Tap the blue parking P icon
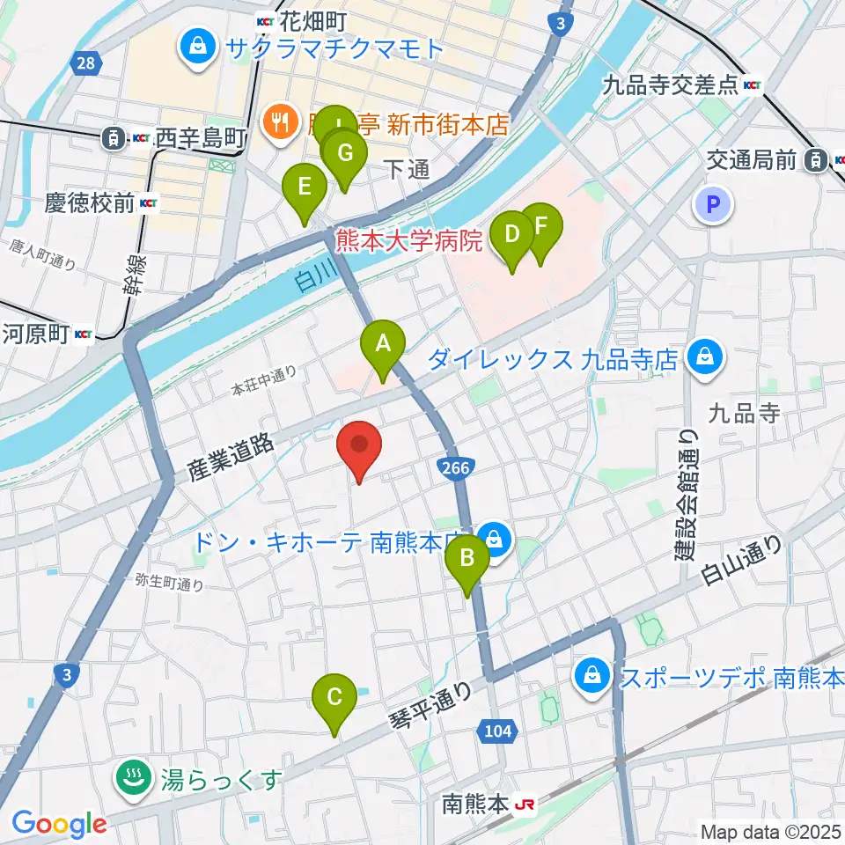pos(714,207)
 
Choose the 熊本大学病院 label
pos(409,239)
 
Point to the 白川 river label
pos(305,281)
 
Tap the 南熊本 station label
pos(476,804)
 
